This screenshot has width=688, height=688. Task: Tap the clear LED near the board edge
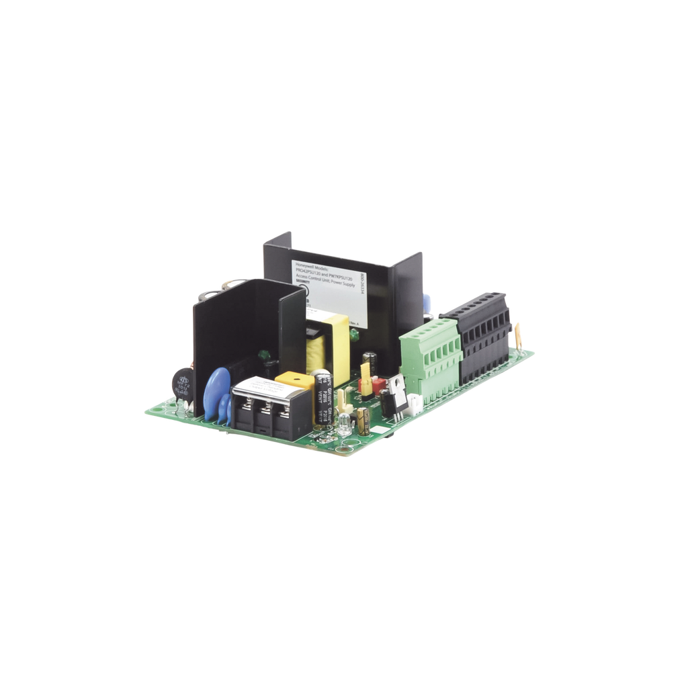[x=345, y=423]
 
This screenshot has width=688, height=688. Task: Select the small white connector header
[x=417, y=402]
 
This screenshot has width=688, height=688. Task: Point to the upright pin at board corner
[x=520, y=335]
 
